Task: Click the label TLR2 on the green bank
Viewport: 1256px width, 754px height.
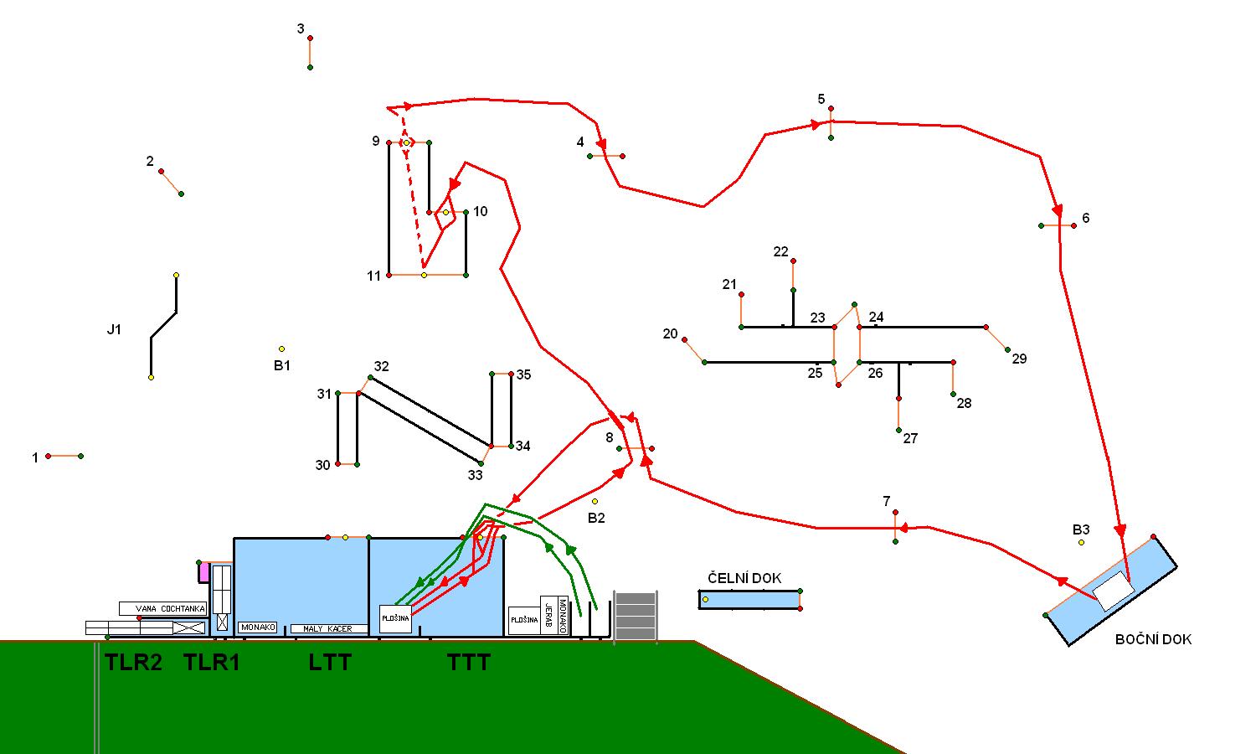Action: (x=133, y=663)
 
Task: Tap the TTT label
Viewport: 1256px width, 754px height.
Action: (x=469, y=663)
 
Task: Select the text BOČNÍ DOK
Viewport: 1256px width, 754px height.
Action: (x=1153, y=639)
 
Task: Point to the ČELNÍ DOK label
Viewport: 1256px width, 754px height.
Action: (x=744, y=578)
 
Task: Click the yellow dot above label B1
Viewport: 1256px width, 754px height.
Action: (x=281, y=349)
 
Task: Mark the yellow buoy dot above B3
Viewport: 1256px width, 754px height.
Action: (x=1081, y=543)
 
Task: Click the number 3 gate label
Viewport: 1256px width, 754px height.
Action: (x=301, y=29)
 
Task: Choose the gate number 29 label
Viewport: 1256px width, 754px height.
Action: (x=1019, y=359)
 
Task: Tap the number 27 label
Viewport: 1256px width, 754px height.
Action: (x=910, y=438)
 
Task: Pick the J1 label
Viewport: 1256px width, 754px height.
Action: (x=114, y=329)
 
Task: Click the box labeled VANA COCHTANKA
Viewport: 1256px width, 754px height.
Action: (x=162, y=609)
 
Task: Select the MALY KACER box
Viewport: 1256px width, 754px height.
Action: (x=329, y=628)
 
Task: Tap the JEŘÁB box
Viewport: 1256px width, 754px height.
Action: (x=548, y=616)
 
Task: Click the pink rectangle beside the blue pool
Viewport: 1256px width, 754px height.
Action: (x=203, y=572)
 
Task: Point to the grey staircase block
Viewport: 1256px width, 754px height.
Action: (x=636, y=616)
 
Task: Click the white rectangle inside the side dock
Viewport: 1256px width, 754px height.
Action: (x=1114, y=591)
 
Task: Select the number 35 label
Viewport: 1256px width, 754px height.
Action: (x=523, y=374)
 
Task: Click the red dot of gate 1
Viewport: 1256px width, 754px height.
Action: (x=49, y=456)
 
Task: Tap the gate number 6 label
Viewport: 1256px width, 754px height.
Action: (x=1086, y=218)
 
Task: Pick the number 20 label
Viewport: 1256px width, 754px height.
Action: (x=670, y=333)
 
